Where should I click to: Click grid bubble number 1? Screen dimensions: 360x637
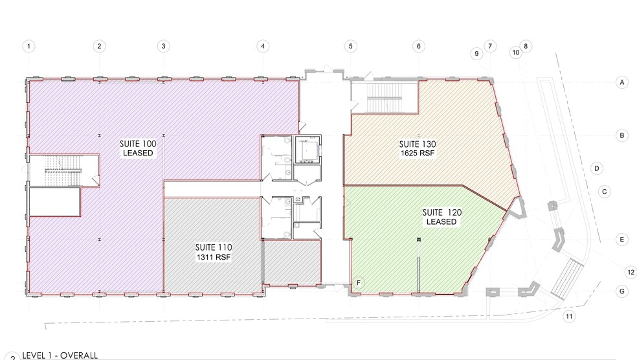pos(29,46)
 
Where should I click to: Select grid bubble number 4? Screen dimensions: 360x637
pos(262,46)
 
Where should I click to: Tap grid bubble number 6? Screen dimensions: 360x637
pos(419,46)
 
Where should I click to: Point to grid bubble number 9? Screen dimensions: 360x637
pos(477,54)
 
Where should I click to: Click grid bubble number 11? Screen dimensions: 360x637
pos(569,316)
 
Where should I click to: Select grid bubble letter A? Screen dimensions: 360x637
pos(621,82)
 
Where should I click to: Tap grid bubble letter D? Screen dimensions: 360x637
pos(598,168)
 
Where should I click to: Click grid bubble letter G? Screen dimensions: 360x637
pos(621,291)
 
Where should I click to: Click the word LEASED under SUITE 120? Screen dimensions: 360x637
pos(441,222)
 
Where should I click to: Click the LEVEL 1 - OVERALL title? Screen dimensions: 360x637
pos(60,355)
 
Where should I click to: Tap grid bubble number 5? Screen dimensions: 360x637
pos(351,46)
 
